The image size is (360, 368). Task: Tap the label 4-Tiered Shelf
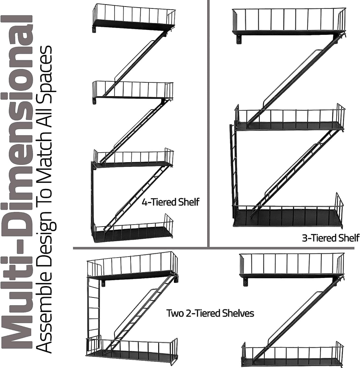[170, 202]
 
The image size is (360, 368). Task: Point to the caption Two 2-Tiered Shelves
[210, 313]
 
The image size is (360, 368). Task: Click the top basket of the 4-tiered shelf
[134, 17]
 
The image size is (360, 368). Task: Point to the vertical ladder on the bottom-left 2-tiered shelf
[93, 307]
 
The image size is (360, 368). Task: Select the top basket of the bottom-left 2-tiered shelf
[133, 266]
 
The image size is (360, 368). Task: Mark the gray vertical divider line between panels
[208, 123]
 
